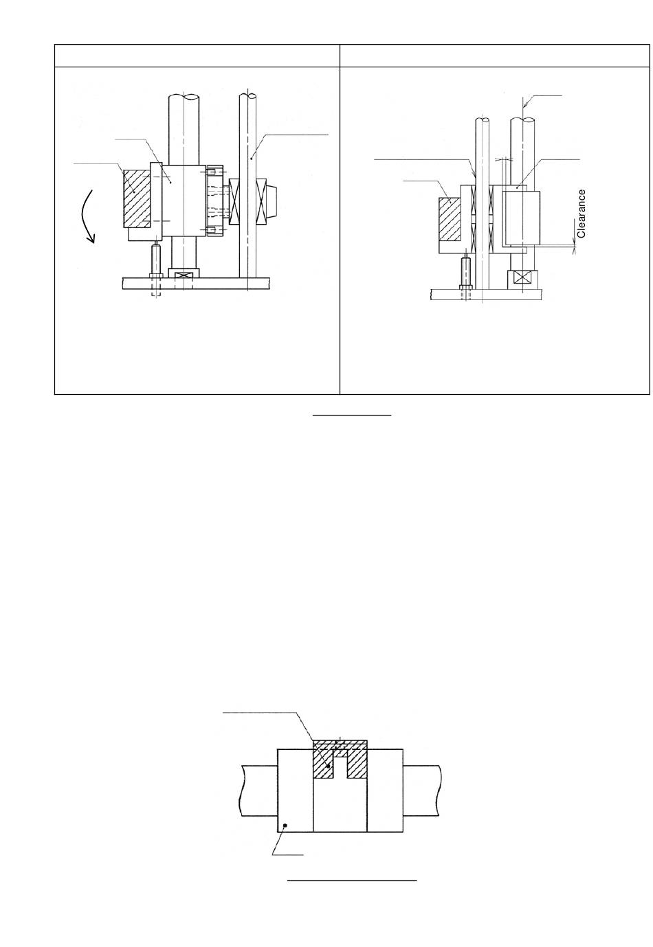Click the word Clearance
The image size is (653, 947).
(x=582, y=214)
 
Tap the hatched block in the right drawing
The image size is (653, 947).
(x=450, y=219)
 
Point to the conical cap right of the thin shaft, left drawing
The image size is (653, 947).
(x=271, y=201)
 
